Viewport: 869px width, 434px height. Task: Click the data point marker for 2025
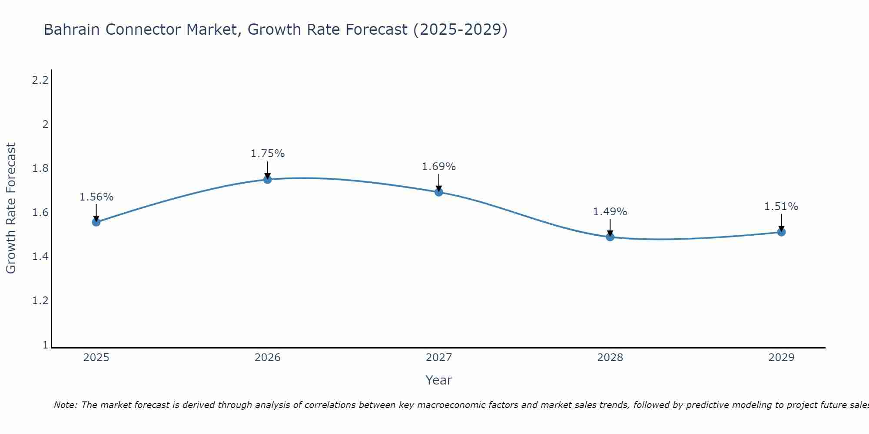click(x=96, y=222)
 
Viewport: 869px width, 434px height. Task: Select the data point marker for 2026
click(x=268, y=179)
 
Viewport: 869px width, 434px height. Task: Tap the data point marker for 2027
click(x=439, y=192)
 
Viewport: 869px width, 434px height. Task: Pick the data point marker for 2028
click(x=610, y=237)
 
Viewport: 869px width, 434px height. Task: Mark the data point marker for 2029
click(x=781, y=232)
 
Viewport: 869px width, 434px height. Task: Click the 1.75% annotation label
click(x=268, y=154)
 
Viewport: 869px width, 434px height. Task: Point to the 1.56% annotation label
click(x=96, y=197)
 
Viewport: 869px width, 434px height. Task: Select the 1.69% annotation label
click(x=439, y=167)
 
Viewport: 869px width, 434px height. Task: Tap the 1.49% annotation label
click(x=610, y=212)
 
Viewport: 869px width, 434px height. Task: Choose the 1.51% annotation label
click(x=781, y=207)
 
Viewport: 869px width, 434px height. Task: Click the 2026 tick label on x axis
click(x=268, y=358)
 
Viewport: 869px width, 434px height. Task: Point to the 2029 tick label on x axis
click(x=781, y=358)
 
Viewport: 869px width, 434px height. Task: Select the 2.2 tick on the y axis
click(x=40, y=80)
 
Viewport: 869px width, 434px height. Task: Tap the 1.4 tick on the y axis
click(x=40, y=257)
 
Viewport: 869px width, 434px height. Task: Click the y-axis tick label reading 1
click(x=45, y=345)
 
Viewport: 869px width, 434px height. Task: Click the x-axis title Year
click(x=439, y=380)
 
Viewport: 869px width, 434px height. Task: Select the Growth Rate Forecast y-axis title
click(x=11, y=208)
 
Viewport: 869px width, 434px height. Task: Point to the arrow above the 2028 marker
click(x=610, y=227)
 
